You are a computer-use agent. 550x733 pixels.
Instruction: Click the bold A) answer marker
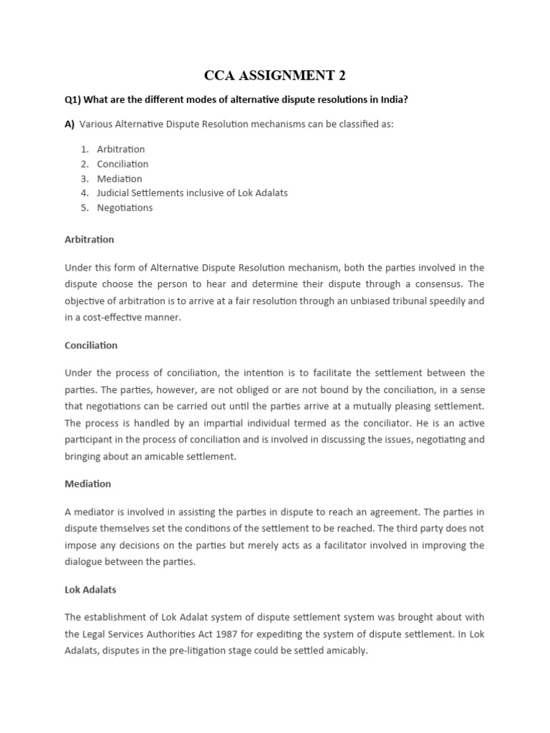click(69, 125)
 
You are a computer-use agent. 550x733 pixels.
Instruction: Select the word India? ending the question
click(393, 99)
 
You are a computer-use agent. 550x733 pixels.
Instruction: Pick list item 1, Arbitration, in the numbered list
click(120, 150)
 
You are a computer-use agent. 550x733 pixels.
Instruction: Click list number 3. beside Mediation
click(84, 179)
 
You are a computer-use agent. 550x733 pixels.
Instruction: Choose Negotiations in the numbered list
click(125, 208)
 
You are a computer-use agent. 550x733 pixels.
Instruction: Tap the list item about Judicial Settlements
click(192, 193)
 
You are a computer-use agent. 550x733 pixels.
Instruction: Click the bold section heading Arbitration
click(89, 239)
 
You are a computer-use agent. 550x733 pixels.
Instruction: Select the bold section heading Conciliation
click(91, 345)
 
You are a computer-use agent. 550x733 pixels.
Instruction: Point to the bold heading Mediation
click(87, 484)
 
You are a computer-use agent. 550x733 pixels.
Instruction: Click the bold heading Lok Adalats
click(90, 590)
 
